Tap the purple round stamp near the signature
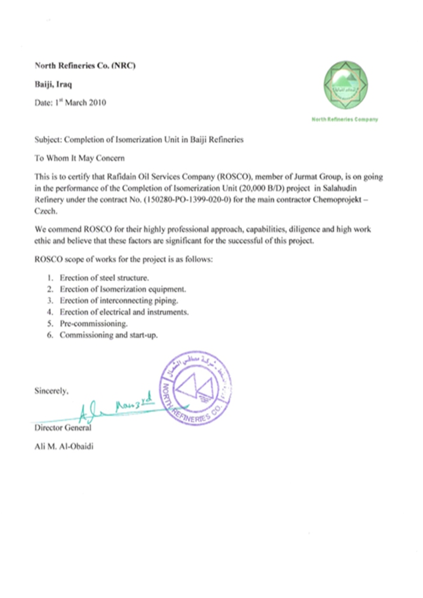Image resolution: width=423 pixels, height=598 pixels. (196, 390)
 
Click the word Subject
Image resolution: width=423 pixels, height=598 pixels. (48, 140)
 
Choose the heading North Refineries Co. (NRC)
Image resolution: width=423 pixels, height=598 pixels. (85, 65)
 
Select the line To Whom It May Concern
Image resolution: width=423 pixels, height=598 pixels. (79, 158)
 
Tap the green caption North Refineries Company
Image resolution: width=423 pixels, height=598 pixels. (345, 119)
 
